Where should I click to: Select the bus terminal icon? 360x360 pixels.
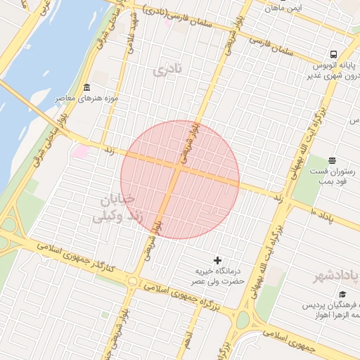(333, 53)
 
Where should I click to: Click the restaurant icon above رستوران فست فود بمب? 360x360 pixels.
(332, 160)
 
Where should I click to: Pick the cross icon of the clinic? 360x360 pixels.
(217, 260)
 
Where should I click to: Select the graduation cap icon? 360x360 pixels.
(342, 295)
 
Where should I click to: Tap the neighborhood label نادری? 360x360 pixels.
(166, 70)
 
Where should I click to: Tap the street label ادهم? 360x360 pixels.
(187, 342)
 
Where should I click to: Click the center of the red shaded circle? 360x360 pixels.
(180, 179)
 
